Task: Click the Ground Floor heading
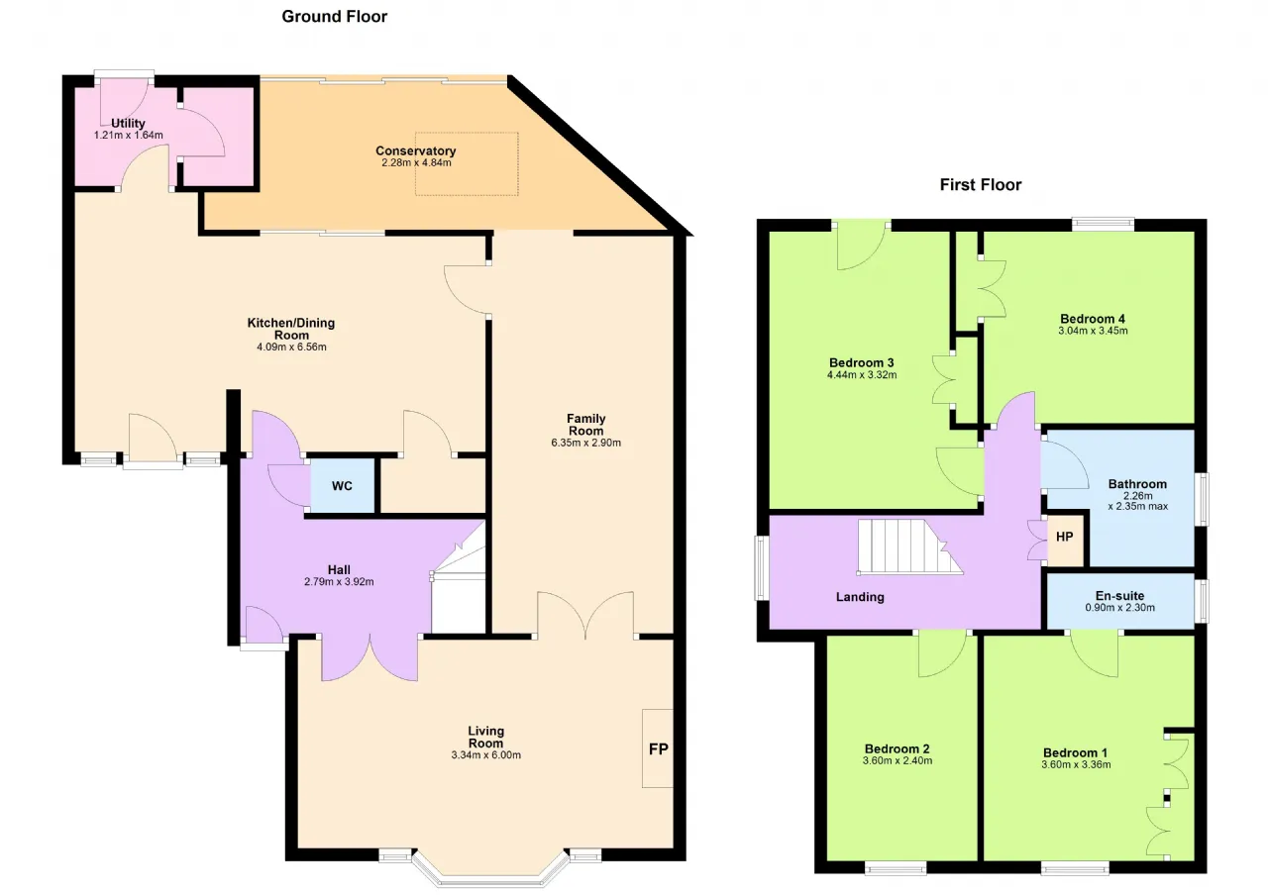pyautogui.click(x=335, y=17)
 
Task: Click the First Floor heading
pyautogui.click(x=981, y=185)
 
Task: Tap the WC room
pyautogui.click(x=342, y=486)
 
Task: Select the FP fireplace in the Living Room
pyautogui.click(x=658, y=748)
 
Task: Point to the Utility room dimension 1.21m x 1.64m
pyautogui.click(x=129, y=136)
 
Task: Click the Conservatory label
pyautogui.click(x=416, y=151)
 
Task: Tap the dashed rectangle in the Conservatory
pyautogui.click(x=467, y=164)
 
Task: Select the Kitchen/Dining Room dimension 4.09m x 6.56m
pyautogui.click(x=291, y=348)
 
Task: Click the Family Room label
pyautogui.click(x=585, y=425)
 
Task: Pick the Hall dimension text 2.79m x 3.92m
pyautogui.click(x=339, y=581)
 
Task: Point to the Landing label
pyautogui.click(x=860, y=597)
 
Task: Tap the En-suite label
pyautogui.click(x=1119, y=596)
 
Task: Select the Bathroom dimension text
pyautogui.click(x=1138, y=501)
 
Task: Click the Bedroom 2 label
pyautogui.click(x=898, y=749)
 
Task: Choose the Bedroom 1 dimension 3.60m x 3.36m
pyautogui.click(x=1076, y=765)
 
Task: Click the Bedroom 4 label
pyautogui.click(x=1093, y=319)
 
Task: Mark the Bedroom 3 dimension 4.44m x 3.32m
pyautogui.click(x=862, y=375)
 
